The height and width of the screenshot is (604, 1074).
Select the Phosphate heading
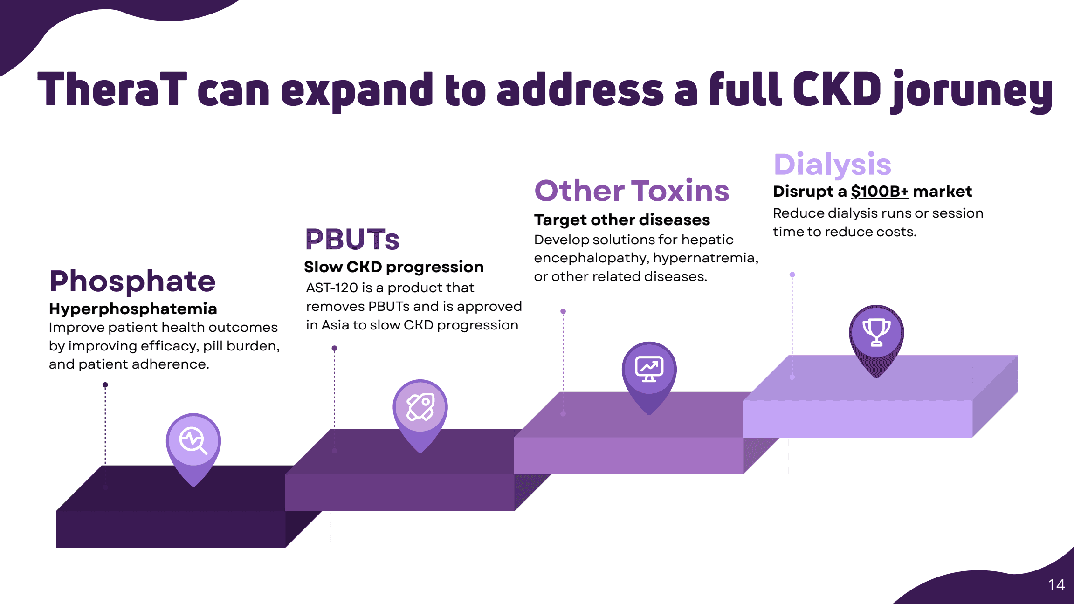[132, 282]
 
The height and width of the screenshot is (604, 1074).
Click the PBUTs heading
[352, 239]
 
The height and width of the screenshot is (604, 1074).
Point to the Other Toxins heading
[632, 191]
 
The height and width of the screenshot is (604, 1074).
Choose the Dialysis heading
[833, 165]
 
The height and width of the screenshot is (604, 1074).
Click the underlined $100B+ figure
[880, 192]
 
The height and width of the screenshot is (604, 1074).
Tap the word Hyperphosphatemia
[133, 309]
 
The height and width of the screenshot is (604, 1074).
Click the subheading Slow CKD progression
[394, 267]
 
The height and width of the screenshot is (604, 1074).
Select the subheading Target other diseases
[622, 220]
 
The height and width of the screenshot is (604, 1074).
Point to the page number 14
[1056, 585]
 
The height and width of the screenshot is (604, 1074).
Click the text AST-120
[332, 288]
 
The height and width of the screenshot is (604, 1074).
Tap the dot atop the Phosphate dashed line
[105, 385]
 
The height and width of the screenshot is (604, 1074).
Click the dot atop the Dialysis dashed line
[792, 275]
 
